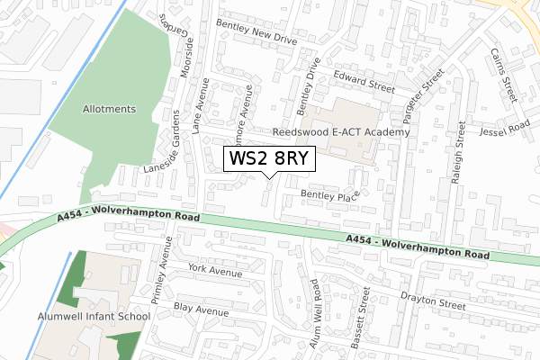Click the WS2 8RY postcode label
[x=269, y=159]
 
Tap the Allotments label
[x=107, y=109]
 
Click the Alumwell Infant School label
[x=94, y=317]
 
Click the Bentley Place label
[x=329, y=194]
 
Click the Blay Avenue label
[x=203, y=310]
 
